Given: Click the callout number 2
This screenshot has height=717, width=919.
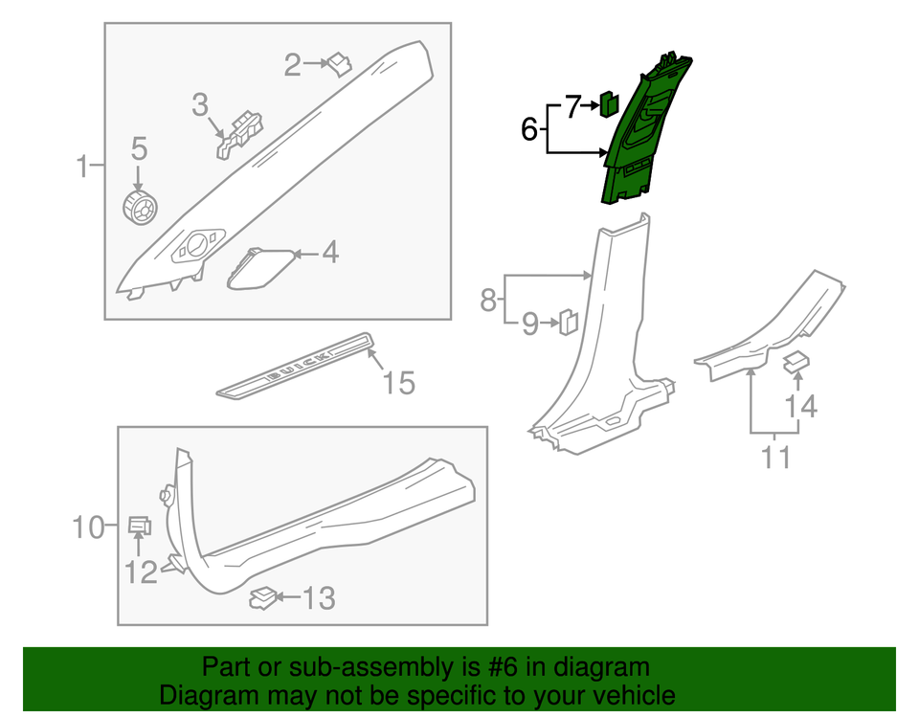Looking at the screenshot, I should click(x=292, y=65).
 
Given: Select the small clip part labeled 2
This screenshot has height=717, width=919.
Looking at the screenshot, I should click(x=339, y=63).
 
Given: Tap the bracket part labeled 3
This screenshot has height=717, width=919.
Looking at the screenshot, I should click(x=240, y=132).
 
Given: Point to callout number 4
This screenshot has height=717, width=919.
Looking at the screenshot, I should click(x=329, y=254).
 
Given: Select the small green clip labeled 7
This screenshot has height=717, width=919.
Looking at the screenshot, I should click(x=608, y=101).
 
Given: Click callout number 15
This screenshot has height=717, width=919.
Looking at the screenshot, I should click(x=399, y=384).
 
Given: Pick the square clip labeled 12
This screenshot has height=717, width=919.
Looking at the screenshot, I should click(x=139, y=524).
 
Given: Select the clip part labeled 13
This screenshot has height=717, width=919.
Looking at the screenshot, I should click(x=262, y=598).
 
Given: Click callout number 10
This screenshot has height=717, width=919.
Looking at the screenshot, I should click(x=93, y=527).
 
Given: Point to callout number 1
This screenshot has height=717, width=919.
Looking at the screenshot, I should click(x=83, y=168).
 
